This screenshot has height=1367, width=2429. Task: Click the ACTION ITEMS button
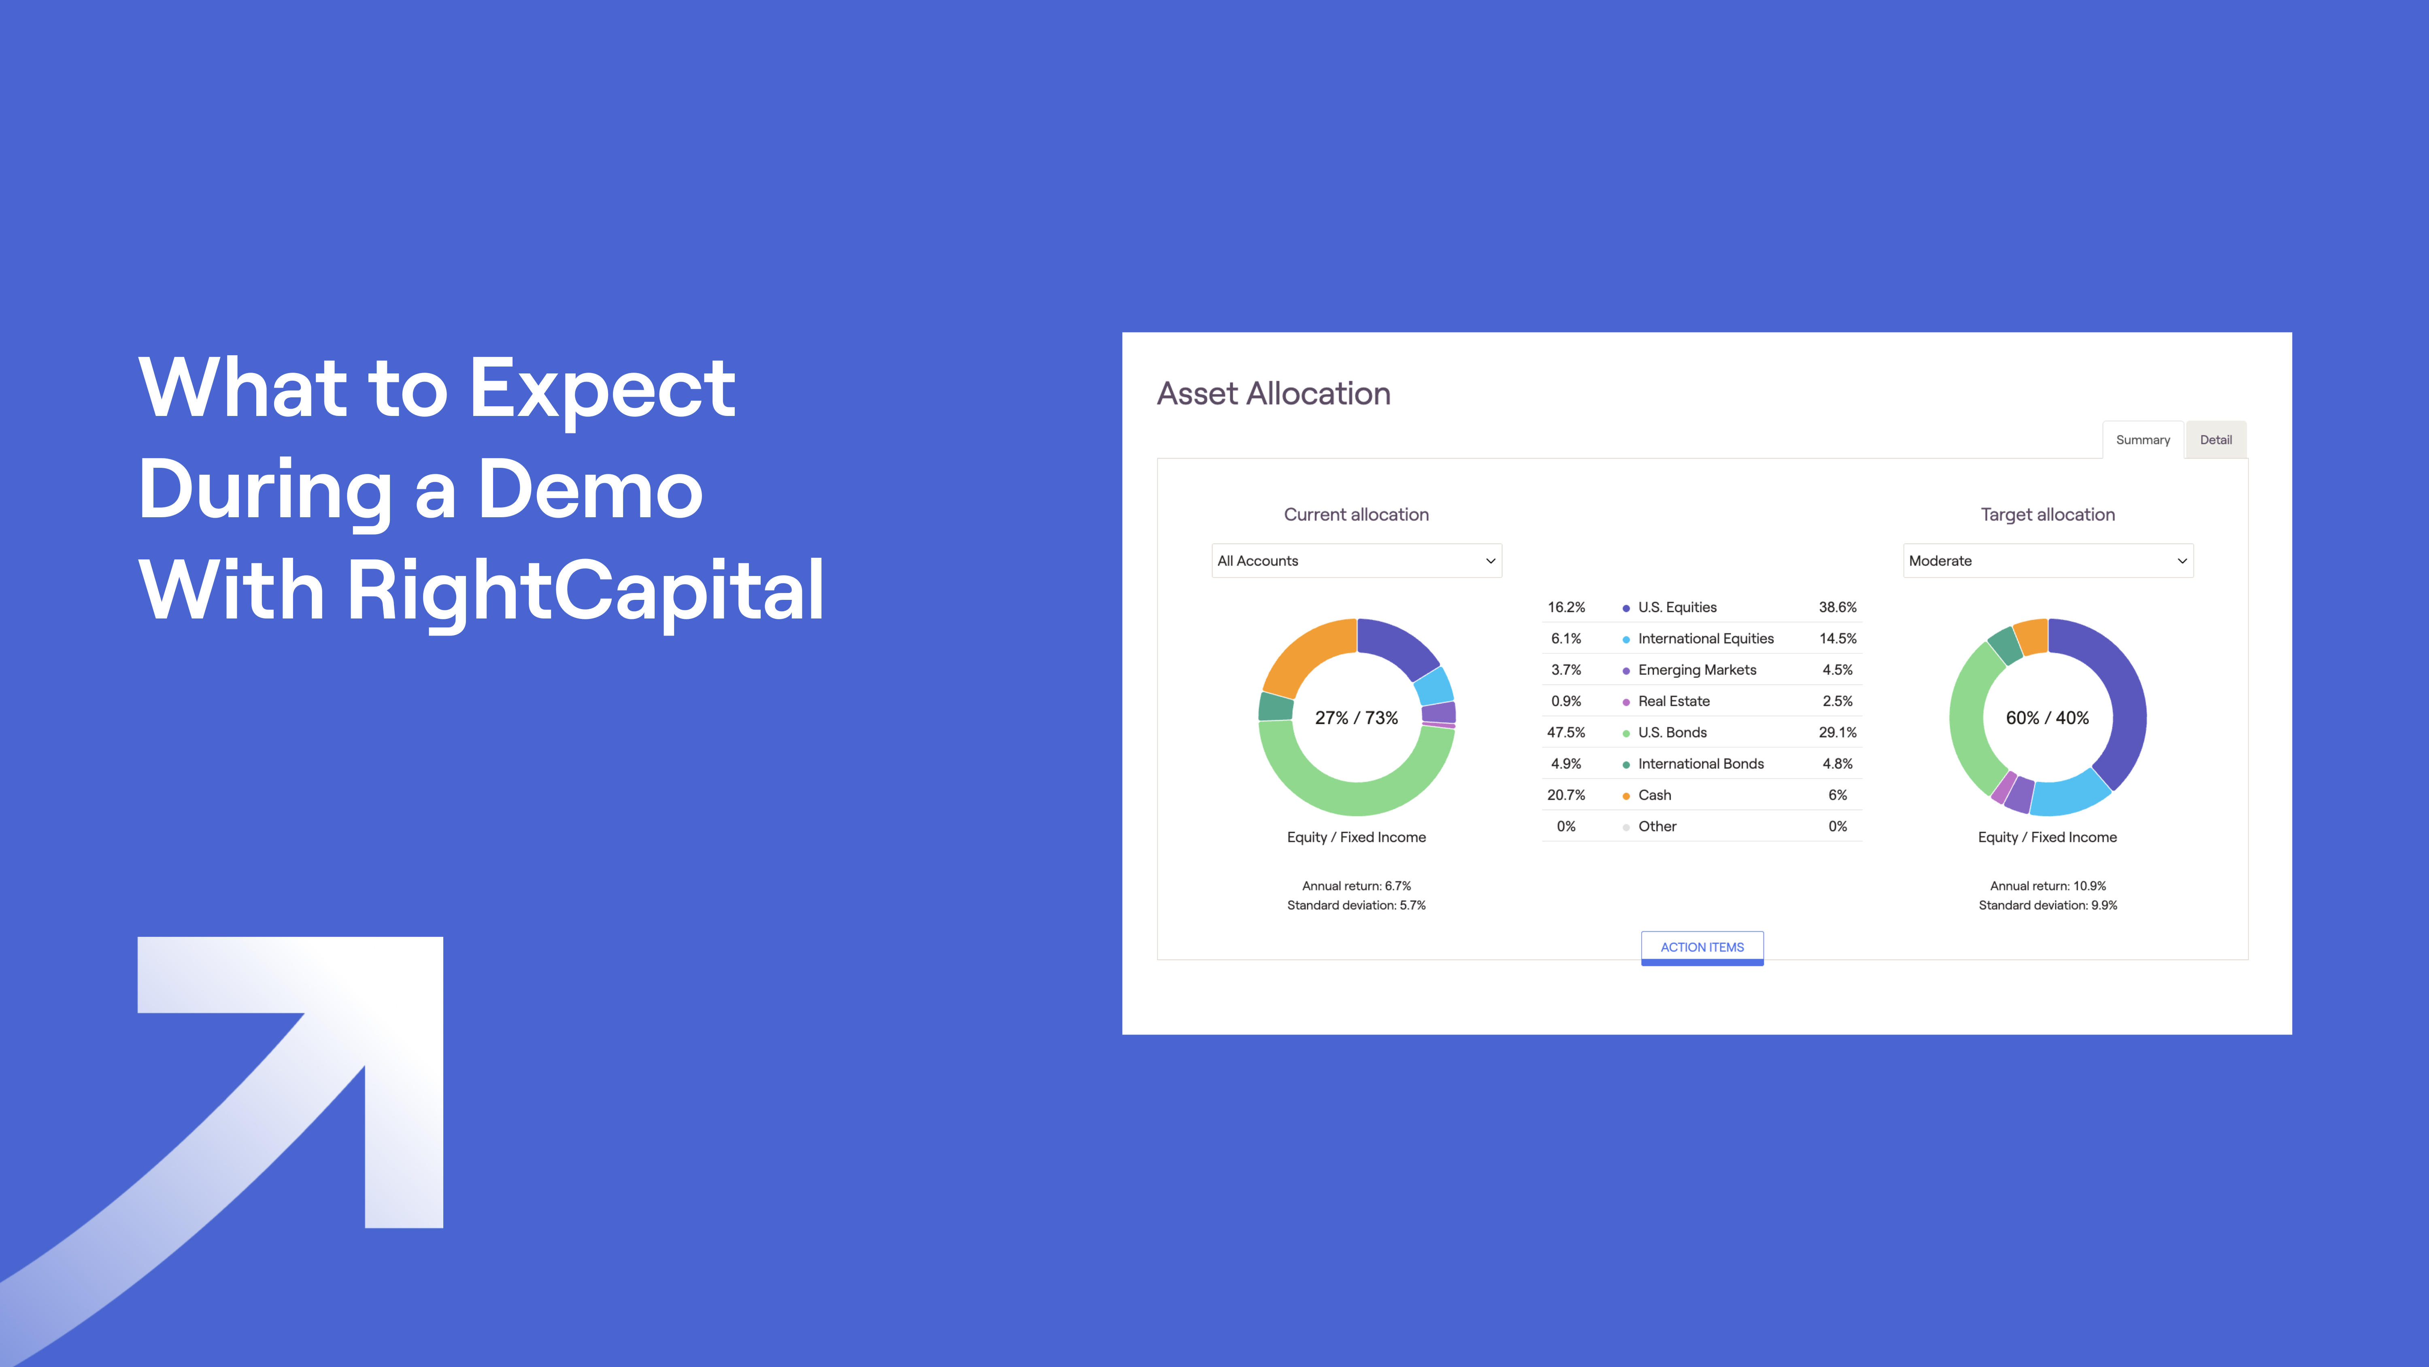pos(1702,947)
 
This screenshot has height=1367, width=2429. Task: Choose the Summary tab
pos(2142,439)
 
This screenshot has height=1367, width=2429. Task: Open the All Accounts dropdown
pos(1356,561)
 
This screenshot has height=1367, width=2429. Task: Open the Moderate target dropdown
pos(2047,561)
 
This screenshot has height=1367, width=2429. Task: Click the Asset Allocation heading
pos(1273,393)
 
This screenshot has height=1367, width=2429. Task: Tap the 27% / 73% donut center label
pos(1356,718)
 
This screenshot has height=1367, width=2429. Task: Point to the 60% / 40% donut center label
pos(2047,718)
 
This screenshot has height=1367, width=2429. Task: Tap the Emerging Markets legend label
pos(1696,670)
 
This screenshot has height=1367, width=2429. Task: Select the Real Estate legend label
pos(1674,701)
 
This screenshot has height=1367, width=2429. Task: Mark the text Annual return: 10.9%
pos(2047,886)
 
